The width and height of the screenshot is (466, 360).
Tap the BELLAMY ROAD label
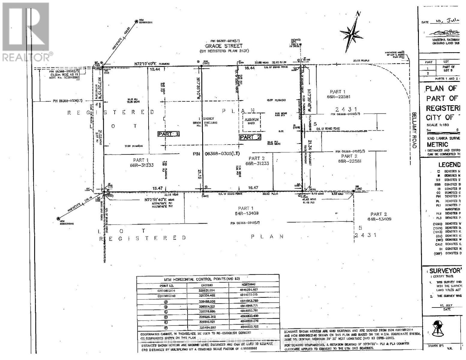[x=414, y=130]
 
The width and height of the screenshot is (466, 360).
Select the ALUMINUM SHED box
[x=251, y=122]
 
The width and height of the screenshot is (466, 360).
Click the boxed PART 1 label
[x=169, y=134]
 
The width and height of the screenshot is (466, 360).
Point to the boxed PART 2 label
[x=250, y=137]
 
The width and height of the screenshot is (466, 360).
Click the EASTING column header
[x=207, y=285]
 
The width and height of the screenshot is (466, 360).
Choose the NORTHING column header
[x=248, y=284]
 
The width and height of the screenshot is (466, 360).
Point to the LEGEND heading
[x=449, y=164]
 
